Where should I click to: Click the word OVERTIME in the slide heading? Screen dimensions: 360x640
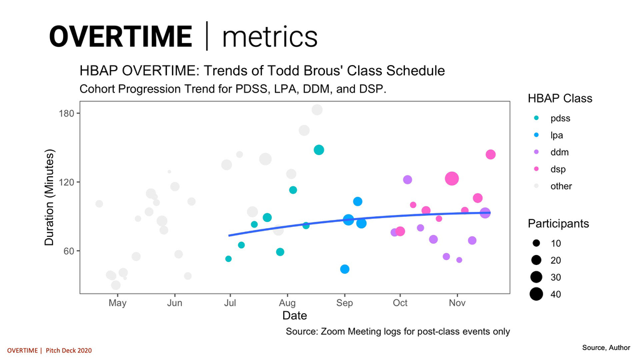click(120, 36)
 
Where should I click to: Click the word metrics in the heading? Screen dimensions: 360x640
click(269, 36)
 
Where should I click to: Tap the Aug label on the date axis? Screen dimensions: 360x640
click(287, 303)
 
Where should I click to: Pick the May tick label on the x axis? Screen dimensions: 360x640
click(117, 303)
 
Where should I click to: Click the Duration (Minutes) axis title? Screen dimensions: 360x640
click(51, 197)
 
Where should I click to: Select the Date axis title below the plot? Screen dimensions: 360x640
click(294, 316)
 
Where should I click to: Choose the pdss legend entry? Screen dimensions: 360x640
click(560, 118)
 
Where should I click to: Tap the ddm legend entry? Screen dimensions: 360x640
click(559, 152)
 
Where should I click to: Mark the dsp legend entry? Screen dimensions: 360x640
click(558, 169)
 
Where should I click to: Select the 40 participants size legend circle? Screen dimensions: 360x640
click(536, 294)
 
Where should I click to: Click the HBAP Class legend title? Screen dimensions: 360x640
click(559, 99)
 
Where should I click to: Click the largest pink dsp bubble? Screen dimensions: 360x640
click(452, 179)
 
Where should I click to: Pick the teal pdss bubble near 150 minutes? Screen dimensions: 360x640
click(319, 150)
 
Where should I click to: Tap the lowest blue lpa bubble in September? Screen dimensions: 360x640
click(344, 269)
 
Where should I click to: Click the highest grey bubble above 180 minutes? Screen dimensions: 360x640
click(317, 110)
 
